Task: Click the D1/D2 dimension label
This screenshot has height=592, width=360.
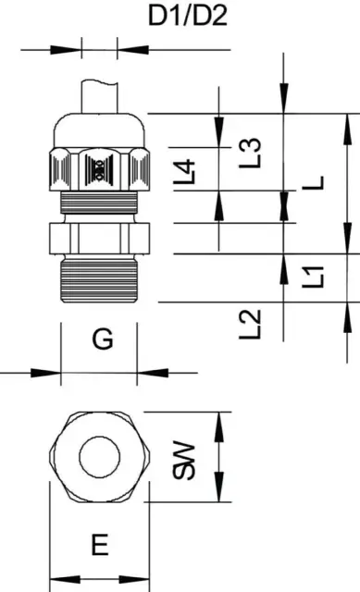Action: point(188,17)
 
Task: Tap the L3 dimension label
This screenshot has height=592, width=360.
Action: point(251,153)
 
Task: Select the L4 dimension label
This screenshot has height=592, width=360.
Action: point(184,172)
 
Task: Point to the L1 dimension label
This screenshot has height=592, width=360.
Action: point(313,277)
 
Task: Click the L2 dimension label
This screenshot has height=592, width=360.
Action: point(251,324)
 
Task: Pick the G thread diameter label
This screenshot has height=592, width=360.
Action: point(103,339)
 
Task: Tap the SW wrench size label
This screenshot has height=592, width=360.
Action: point(184,460)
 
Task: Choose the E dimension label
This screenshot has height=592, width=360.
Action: point(100,545)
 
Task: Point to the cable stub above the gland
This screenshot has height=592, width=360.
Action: point(99,96)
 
